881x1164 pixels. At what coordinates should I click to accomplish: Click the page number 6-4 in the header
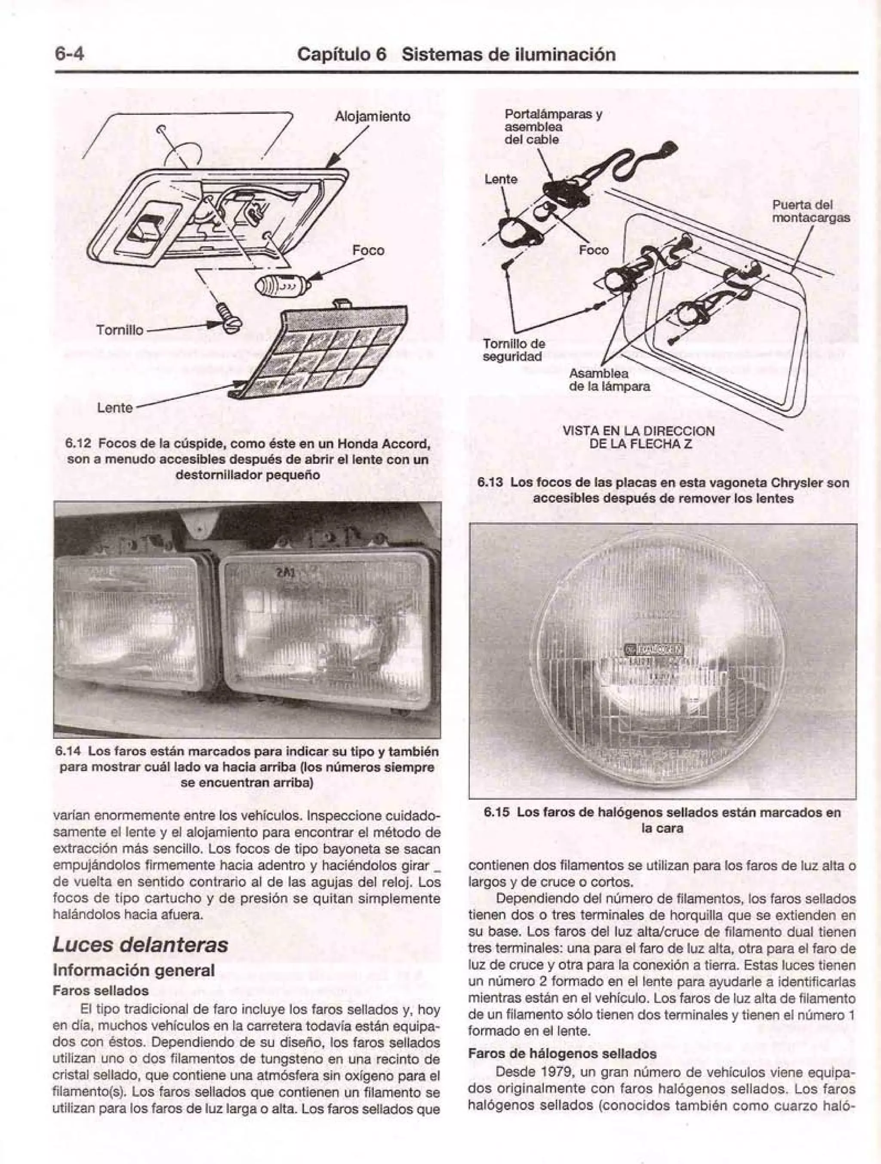pyautogui.click(x=69, y=55)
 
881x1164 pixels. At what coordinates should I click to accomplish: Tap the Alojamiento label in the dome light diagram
pyautogui.click(x=372, y=116)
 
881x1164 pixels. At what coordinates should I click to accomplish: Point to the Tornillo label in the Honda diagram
pyautogui.click(x=120, y=330)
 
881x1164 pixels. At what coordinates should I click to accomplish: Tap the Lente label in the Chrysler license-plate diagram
pyautogui.click(x=501, y=179)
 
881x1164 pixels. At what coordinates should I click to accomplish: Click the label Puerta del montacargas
pyautogui.click(x=810, y=211)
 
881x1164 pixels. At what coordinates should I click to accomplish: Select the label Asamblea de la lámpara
pyautogui.click(x=609, y=380)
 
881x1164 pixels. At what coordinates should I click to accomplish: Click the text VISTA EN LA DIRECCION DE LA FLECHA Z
pyautogui.click(x=638, y=437)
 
